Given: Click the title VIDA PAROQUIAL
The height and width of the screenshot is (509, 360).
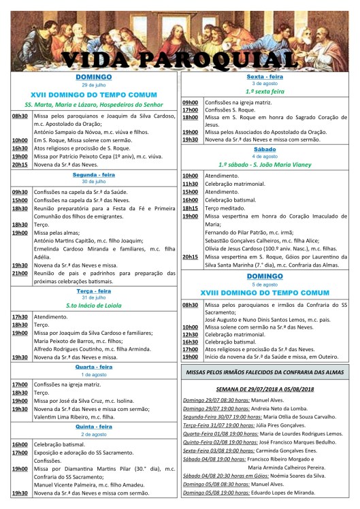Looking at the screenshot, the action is tap(180, 59).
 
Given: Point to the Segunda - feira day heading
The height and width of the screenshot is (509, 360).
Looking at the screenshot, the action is tap(94, 174).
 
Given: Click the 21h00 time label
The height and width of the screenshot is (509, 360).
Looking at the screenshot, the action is tap(19, 273).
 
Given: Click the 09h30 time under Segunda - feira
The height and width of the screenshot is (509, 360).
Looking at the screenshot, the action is tap(19, 192).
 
